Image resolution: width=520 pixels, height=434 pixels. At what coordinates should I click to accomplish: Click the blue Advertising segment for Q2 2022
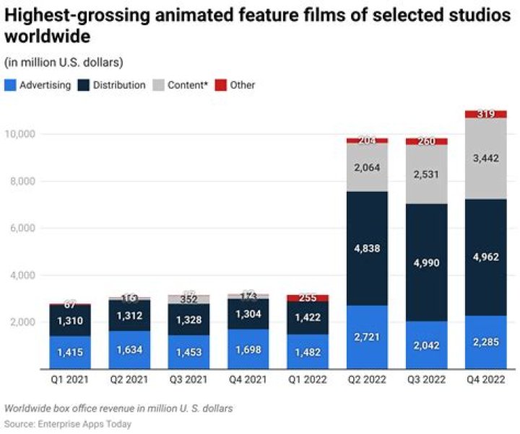coord(367,337)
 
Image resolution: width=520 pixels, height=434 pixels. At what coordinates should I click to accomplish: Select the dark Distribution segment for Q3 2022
coord(426,262)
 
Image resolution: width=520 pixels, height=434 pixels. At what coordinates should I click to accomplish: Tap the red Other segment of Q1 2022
coord(308,298)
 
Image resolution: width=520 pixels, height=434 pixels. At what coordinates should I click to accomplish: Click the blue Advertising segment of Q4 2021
coord(248,350)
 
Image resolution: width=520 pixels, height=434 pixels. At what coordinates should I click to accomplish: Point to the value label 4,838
coord(367,249)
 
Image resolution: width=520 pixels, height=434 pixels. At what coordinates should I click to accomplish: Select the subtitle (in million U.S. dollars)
coord(64,61)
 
